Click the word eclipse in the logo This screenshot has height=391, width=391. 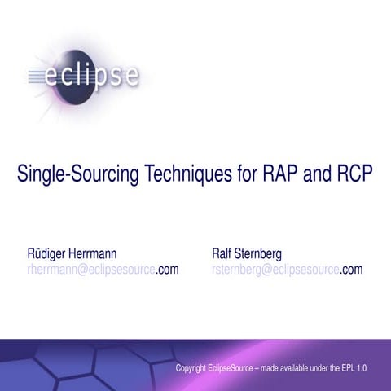tap(98, 78)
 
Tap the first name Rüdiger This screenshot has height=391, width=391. tap(49, 253)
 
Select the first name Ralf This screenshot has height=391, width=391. tap(222, 253)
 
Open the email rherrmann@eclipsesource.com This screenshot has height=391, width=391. tap(103, 269)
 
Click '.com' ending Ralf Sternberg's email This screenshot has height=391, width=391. tap(351, 269)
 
